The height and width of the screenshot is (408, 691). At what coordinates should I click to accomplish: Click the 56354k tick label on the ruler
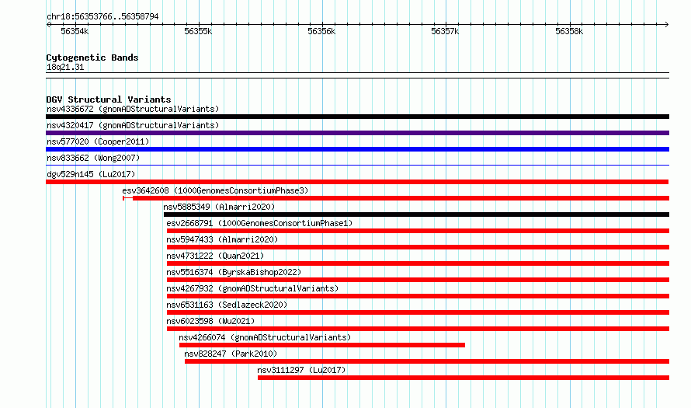click(75, 31)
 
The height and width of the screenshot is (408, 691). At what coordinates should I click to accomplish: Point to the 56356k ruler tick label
click(321, 31)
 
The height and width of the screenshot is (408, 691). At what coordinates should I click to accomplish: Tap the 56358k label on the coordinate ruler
click(569, 31)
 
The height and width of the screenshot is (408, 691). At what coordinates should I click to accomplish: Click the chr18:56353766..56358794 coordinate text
click(102, 17)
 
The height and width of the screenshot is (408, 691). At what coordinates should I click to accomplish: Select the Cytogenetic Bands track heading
click(92, 58)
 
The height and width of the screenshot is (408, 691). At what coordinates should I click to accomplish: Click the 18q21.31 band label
click(65, 67)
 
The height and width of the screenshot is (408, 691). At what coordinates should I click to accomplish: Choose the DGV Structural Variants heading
click(109, 99)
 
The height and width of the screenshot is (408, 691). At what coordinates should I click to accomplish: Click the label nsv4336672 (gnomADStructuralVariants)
click(133, 109)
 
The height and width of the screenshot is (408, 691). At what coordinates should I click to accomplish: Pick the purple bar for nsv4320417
click(357, 133)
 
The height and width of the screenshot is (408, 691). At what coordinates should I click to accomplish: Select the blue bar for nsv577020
click(357, 149)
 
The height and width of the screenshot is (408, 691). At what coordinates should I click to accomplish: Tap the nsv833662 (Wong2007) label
click(93, 158)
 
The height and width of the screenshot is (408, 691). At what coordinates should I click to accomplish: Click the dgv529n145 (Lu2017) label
click(91, 174)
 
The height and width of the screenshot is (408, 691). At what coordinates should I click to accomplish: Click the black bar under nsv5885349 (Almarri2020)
click(416, 214)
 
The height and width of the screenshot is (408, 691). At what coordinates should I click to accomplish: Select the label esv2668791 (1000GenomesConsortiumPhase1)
click(259, 223)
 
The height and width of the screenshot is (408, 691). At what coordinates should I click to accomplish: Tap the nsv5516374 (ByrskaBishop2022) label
click(234, 272)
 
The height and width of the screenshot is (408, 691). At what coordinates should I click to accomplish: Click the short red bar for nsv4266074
click(321, 345)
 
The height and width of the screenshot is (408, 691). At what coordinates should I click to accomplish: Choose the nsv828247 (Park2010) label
click(231, 354)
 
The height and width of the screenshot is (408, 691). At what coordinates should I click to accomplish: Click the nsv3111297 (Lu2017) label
click(301, 370)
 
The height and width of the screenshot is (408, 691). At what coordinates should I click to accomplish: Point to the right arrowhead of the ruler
click(667, 24)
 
